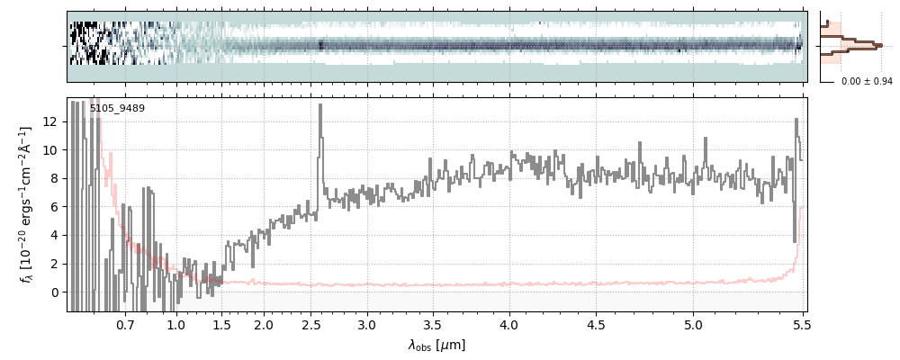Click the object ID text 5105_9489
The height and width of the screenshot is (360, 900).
117,109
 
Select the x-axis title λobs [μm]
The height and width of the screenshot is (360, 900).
436,345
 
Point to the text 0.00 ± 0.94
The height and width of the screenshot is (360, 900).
867,82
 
